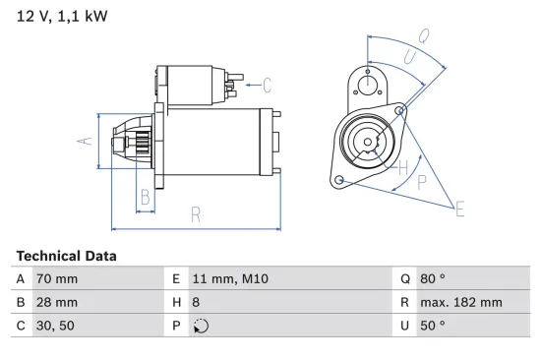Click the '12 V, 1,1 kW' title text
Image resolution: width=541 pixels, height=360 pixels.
[62, 17]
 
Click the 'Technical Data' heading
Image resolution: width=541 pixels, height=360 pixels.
[66, 256]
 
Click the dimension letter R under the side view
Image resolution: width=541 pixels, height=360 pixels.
[195, 213]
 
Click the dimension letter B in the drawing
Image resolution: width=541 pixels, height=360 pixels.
[145, 196]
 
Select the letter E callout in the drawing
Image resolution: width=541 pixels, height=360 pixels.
[458, 208]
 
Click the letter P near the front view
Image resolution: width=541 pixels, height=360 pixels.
[422, 181]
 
